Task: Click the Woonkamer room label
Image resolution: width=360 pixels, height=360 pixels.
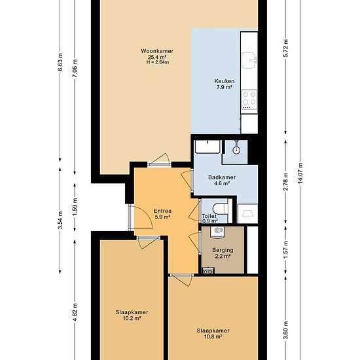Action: [157, 51]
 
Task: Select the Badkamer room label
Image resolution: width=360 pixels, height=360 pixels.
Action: [222, 177]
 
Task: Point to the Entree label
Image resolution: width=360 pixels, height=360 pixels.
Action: [162, 211]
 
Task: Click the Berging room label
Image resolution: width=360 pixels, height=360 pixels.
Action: [223, 250]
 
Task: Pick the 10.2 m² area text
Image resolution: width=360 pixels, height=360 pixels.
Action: [132, 319]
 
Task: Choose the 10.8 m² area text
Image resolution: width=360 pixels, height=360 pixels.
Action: [213, 337]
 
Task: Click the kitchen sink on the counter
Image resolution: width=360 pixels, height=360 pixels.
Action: [249, 60]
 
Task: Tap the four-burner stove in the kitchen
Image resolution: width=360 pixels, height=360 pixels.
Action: [249, 99]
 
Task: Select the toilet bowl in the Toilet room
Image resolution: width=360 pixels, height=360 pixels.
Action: [220, 209]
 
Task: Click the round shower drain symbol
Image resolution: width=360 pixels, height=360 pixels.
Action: [236, 151]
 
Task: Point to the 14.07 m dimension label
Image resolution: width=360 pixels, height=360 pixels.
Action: [300, 173]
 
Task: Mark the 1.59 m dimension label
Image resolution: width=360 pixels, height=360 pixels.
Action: [75, 207]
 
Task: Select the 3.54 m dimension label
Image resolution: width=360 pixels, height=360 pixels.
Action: [60, 220]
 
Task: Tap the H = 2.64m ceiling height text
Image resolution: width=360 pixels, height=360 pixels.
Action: [158, 62]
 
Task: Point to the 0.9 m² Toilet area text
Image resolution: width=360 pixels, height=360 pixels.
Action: [210, 221]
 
